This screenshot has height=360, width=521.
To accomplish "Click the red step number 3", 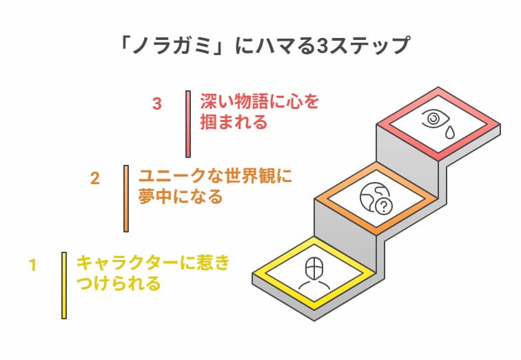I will [x=157, y=104].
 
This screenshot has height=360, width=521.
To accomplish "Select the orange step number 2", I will [x=95, y=178].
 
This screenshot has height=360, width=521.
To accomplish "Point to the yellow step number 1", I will [x=32, y=265].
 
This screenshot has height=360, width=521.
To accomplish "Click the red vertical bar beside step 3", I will [x=187, y=124].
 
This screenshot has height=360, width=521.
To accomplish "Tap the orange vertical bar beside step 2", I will [x=126, y=198].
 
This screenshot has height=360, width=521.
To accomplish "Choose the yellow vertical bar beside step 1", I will [x=64, y=285].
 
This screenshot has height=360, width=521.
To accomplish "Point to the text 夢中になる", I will [x=181, y=197].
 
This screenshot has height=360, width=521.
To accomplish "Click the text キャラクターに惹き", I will [x=152, y=263].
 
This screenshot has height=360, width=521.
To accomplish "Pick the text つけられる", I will [x=118, y=283].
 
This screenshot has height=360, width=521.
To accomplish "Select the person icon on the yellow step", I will [x=314, y=274].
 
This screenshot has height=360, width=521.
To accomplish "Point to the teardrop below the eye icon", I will [x=449, y=132].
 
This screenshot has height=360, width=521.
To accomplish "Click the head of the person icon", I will [x=314, y=265].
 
